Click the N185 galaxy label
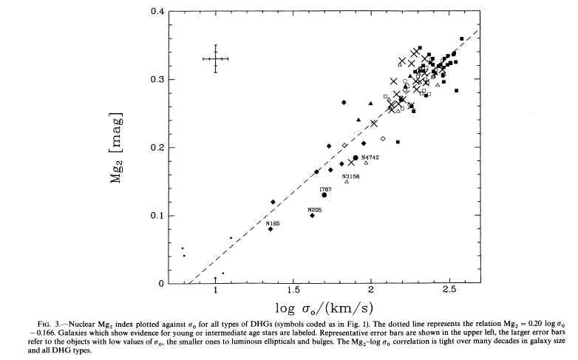click(273, 223)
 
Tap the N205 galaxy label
click(315, 210)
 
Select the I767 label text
click(325, 189)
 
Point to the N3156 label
click(351, 177)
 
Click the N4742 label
click(370, 157)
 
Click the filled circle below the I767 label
click(324, 195)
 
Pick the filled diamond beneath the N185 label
click(271, 229)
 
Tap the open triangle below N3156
click(347, 182)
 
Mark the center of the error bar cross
click(216, 59)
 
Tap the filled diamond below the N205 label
click(312, 216)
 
